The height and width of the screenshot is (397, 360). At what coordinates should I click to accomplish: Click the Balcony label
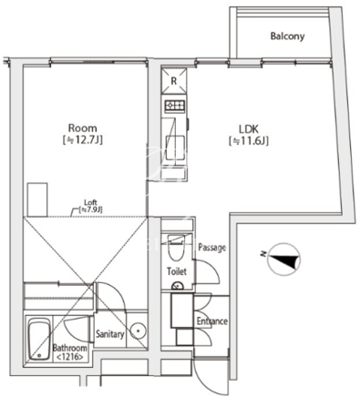(287, 36)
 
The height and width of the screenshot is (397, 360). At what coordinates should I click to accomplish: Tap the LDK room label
(249, 129)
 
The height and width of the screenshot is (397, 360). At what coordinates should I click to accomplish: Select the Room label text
(82, 127)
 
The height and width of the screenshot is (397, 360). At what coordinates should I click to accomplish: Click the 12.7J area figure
(82, 140)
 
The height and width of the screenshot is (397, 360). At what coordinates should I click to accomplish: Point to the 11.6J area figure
(249, 141)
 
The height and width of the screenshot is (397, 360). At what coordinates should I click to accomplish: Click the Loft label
(90, 202)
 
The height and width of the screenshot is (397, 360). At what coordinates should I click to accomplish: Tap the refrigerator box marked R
(174, 81)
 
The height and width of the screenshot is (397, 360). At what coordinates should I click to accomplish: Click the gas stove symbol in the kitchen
(175, 106)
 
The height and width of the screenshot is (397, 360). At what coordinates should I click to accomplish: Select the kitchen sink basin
(175, 148)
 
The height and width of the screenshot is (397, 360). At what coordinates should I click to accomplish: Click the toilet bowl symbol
(176, 247)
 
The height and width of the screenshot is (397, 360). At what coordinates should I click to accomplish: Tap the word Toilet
(177, 271)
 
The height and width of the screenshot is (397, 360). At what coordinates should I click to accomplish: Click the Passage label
(212, 248)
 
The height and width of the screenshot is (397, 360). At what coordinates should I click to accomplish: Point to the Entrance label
(212, 321)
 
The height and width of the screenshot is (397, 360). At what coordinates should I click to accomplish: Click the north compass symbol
(284, 259)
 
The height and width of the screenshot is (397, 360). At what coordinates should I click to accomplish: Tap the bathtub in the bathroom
(39, 339)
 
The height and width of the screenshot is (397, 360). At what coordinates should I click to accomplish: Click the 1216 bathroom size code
(69, 358)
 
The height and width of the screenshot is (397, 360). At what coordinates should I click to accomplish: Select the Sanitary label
(110, 334)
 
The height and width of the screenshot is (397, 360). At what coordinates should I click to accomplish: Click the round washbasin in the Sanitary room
(139, 331)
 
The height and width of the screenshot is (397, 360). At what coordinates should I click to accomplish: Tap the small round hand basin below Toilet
(177, 286)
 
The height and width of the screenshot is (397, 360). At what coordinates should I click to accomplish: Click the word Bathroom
(69, 348)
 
